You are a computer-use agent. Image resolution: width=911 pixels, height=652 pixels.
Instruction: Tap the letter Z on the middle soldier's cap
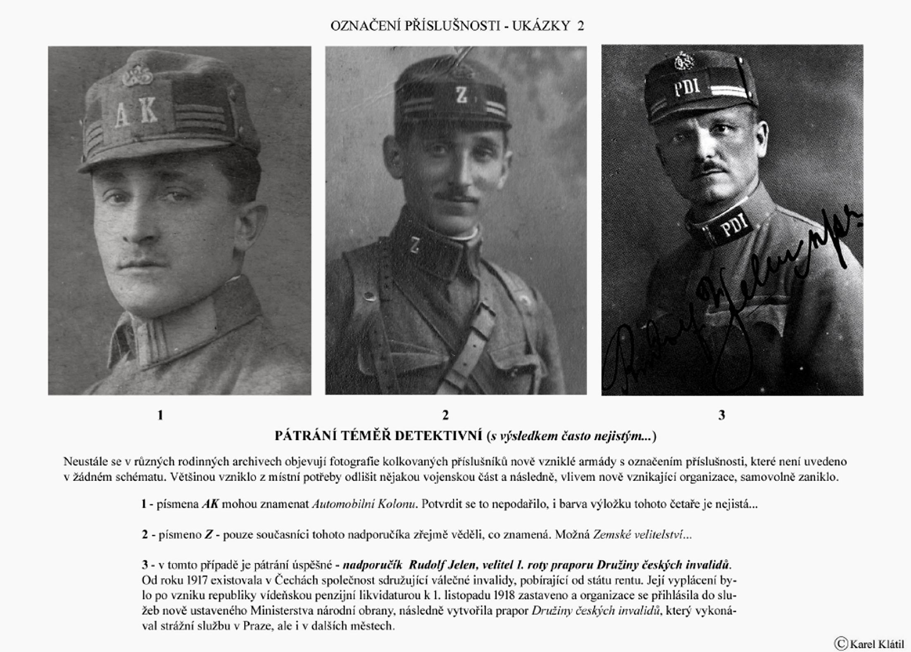tap(461, 95)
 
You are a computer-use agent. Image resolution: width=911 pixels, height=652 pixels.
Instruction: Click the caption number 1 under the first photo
tap(160, 415)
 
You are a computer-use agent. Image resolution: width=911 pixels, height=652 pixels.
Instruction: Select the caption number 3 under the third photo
tap(721, 415)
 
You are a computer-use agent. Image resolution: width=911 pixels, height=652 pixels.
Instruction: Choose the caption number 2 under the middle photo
tap(445, 415)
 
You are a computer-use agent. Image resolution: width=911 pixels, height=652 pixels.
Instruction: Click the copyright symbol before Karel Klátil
tap(841, 643)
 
